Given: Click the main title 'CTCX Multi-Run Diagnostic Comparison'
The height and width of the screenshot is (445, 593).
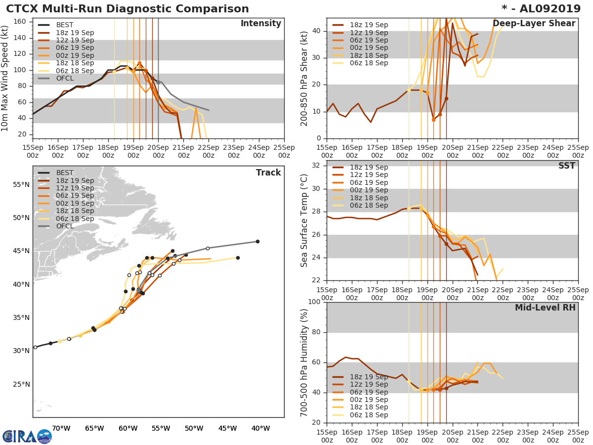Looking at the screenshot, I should (127, 9).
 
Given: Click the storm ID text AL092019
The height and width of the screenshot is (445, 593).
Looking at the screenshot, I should (548, 9).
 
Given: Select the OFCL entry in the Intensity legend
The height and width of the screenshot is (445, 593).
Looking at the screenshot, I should (65, 78).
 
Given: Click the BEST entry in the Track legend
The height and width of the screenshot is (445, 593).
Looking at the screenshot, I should (65, 173).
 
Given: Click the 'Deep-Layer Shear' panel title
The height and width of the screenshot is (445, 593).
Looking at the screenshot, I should (534, 24).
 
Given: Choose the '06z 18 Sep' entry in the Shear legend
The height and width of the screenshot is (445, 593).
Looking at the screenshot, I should (369, 63).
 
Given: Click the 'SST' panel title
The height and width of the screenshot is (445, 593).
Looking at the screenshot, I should (566, 166).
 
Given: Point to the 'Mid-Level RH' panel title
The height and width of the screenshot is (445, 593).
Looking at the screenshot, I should (545, 308).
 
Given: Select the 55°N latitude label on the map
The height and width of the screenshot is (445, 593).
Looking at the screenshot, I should (21, 184).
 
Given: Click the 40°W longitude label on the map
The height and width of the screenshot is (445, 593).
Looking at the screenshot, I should (260, 428).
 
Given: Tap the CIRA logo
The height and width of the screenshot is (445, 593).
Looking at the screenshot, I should (27, 436).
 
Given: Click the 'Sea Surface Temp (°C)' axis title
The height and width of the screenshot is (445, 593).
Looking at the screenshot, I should (304, 221).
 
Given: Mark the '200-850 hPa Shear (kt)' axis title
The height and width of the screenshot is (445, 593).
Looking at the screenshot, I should (304, 78).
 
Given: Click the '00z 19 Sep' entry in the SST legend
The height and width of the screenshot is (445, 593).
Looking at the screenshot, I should (369, 190).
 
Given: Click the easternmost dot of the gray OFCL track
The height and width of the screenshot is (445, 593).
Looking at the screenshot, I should (257, 241).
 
